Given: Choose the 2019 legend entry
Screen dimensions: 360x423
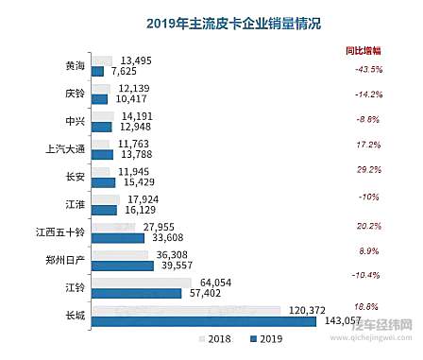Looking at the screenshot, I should click(x=262, y=338).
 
